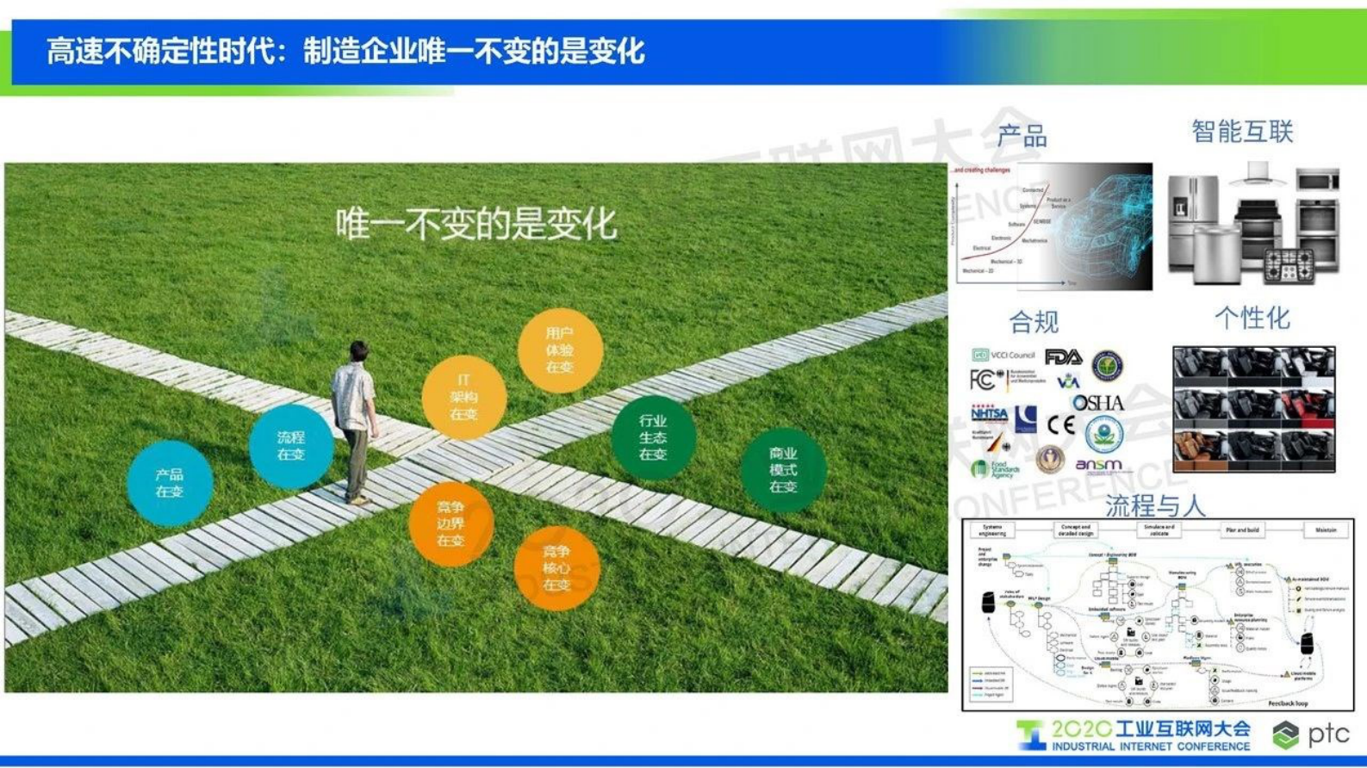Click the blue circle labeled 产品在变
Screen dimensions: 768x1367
pyautogui.click(x=170, y=483)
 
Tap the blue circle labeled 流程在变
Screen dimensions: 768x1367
pyautogui.click(x=291, y=446)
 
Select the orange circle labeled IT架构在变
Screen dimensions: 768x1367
pyautogui.click(x=463, y=397)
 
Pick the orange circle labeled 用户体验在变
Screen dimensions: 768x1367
pyautogui.click(x=559, y=350)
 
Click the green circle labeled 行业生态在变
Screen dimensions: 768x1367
pyautogui.click(x=653, y=437)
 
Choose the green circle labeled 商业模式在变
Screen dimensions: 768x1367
pyautogui.click(x=782, y=470)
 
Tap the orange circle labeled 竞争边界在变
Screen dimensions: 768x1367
pyautogui.click(x=450, y=523)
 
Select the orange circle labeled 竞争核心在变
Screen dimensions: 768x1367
pyautogui.click(x=556, y=568)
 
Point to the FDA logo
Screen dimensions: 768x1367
pyautogui.click(x=1063, y=356)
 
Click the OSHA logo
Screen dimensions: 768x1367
pyautogui.click(x=1098, y=403)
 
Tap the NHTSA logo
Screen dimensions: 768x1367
pyautogui.click(x=989, y=414)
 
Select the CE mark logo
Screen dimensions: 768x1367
pyautogui.click(x=1061, y=424)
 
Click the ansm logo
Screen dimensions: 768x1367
pyautogui.click(x=1099, y=466)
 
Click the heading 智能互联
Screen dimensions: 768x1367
pyautogui.click(x=1242, y=132)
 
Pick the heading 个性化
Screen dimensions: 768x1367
pyautogui.click(x=1252, y=319)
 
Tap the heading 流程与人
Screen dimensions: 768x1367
pyautogui.click(x=1154, y=505)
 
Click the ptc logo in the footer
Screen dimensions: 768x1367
pyautogui.click(x=1312, y=734)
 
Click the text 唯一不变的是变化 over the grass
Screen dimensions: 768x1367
pyautogui.click(x=476, y=225)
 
